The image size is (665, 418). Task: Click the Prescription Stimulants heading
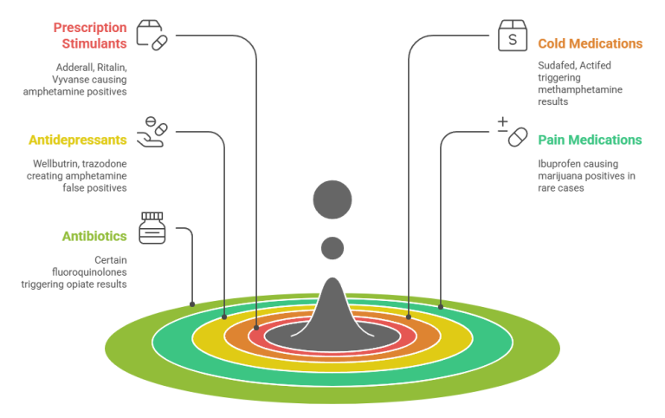tap(90, 36)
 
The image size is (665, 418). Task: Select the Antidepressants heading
tap(78, 140)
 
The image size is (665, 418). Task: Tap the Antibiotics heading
tap(94, 236)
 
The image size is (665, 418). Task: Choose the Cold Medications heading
tap(590, 43)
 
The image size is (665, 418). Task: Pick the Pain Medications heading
tap(590, 140)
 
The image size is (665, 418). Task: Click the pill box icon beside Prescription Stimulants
tap(152, 36)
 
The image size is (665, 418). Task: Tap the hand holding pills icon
tap(152, 132)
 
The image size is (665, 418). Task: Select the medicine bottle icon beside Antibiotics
tap(152, 228)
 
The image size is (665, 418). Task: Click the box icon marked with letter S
tap(513, 36)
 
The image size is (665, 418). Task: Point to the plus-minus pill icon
tap(513, 132)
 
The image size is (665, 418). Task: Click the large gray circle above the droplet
tap(332, 199)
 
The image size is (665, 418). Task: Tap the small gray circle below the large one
tap(332, 248)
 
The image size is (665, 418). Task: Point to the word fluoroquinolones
tap(89, 271)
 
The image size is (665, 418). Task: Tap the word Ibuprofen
tap(557, 164)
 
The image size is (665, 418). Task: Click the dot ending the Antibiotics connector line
tap(192, 304)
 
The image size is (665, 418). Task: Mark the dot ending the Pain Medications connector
tap(441, 307)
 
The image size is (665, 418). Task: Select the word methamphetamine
tap(580, 89)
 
